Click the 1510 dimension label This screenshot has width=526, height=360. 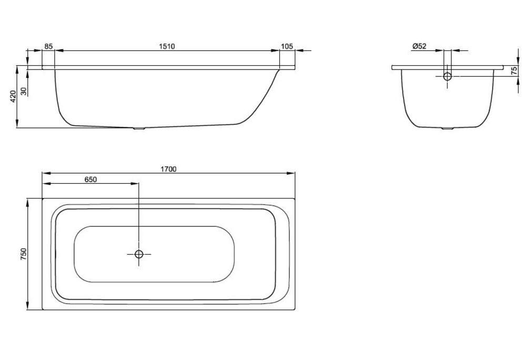coord(167,46)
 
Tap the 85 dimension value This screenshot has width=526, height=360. coord(48,46)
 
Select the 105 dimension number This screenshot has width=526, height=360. coord(287,46)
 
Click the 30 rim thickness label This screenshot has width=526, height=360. coord(24,91)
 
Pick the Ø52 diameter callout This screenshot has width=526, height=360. coord(419,46)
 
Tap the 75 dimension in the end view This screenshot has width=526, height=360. coord(513,71)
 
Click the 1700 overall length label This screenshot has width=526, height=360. coord(168,169)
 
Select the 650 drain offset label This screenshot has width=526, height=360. coord(90,179)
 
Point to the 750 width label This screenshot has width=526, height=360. coord(23,254)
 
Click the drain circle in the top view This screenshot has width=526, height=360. coord(139,254)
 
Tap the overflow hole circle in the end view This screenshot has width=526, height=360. coord(448,76)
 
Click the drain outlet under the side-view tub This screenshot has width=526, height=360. coord(139,128)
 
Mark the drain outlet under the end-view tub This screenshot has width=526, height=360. coord(447,128)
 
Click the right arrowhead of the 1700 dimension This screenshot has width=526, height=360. coord(291,173)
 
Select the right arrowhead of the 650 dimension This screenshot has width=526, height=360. coord(135,184)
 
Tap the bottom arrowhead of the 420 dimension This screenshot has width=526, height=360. coord(17,124)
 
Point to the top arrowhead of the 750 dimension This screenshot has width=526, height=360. coord(27,203)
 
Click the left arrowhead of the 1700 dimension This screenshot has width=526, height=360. coord(46,173)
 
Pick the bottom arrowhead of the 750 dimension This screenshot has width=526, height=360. coord(27,305)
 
